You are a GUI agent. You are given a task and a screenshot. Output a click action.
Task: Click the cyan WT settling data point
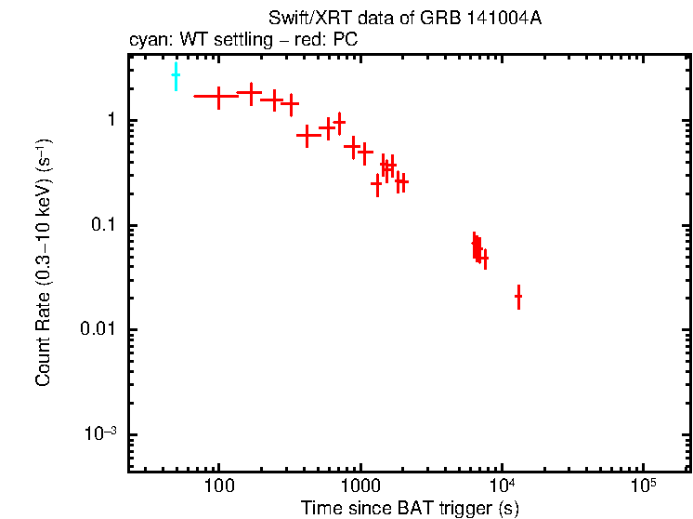click(176, 77)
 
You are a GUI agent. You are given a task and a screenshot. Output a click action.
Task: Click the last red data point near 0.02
click(518, 297)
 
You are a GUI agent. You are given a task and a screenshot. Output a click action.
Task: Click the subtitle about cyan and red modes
click(242, 40)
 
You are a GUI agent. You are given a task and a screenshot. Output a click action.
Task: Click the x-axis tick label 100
click(218, 486)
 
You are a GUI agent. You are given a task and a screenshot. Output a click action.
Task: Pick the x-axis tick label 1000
click(360, 486)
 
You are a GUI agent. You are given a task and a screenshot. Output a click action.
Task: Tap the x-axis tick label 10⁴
click(503, 485)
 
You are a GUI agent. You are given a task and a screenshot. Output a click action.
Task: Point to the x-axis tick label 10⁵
click(644, 485)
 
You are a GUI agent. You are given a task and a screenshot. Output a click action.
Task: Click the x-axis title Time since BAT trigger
click(409, 508)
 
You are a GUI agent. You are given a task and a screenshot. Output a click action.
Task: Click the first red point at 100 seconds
click(218, 96)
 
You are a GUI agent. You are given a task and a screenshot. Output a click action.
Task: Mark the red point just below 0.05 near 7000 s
click(484, 258)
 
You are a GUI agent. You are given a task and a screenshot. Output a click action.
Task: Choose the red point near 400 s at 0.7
click(308, 135)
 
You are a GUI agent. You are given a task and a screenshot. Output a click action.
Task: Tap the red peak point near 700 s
click(340, 122)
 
